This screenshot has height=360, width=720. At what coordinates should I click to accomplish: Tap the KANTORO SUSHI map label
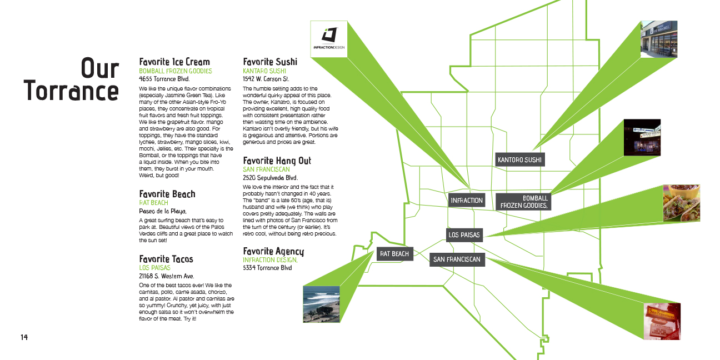519,160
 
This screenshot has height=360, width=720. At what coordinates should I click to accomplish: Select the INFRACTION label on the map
467,200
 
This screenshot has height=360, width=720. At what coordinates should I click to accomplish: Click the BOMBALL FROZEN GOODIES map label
523,202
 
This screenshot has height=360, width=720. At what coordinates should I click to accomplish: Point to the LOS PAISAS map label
464,235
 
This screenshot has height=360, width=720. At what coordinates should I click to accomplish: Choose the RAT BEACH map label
394,254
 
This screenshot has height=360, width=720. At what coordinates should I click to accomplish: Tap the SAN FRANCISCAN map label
457,259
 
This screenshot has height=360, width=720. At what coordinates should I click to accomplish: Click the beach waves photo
322,304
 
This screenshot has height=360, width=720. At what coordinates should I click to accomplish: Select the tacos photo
681,203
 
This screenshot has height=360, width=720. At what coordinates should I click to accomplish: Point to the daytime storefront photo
659,39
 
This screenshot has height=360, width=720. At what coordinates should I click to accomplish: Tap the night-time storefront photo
642,137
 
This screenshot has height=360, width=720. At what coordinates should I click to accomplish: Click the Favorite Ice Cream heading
174,62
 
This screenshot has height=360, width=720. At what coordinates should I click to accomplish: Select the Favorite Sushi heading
270,62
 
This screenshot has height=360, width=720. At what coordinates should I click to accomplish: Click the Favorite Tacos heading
166,259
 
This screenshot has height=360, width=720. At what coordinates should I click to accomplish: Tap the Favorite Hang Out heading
277,161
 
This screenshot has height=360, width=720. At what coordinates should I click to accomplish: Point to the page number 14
24,337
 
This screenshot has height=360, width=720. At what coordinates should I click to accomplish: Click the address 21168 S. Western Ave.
166,276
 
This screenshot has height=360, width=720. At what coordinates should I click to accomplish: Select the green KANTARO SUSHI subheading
264,71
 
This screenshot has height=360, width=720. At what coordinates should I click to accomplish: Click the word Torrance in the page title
71,91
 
